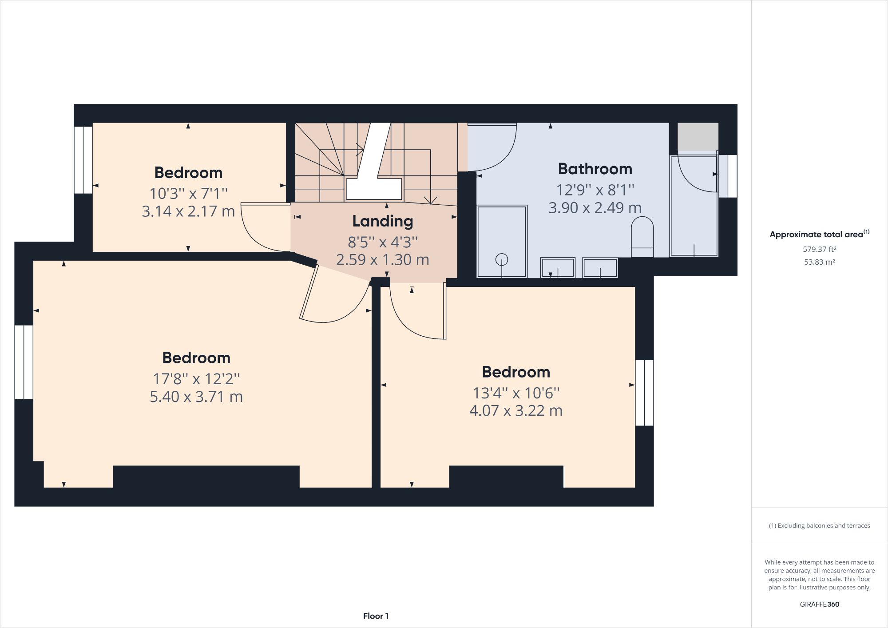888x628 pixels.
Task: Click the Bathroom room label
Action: pos(595,169)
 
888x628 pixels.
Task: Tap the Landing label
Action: pos(383,221)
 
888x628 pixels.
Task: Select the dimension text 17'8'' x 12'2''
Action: pos(196,379)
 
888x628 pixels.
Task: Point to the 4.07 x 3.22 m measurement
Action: pos(516,410)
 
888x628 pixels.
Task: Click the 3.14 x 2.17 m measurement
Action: pos(188,211)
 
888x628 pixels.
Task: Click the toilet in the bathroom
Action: pos(642,235)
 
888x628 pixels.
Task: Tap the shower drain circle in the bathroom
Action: pos(502,259)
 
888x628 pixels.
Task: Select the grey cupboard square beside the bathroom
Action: pos(698,136)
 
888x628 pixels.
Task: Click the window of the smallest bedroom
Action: pos(83,160)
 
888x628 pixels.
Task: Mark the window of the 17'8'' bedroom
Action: pos(24,362)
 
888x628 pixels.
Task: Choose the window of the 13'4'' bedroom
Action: pos(644,393)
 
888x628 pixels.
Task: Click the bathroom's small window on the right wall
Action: pos(728,176)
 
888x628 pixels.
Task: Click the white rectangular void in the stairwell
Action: pos(374,188)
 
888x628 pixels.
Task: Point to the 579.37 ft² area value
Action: pos(819,249)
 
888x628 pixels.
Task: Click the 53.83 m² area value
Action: pos(819,262)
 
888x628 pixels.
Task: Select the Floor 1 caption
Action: pos(376,616)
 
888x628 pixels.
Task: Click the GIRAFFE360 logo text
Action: pos(819,604)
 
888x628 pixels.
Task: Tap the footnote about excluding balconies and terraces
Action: pos(819,525)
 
